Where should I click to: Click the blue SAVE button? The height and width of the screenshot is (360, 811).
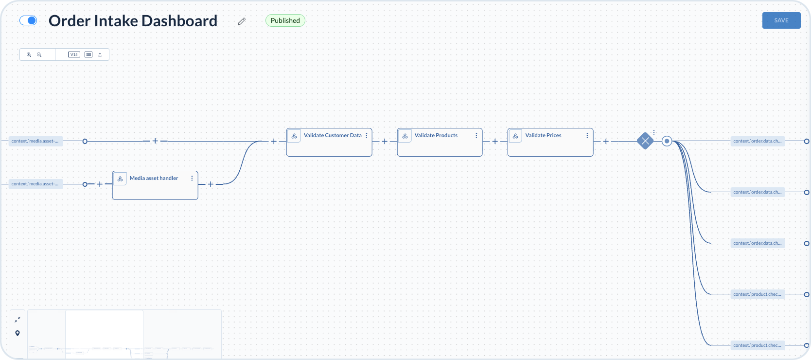[x=781, y=20]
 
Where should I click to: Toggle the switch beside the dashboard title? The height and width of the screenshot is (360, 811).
[x=28, y=20]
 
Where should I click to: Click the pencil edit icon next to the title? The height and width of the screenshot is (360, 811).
[x=242, y=21]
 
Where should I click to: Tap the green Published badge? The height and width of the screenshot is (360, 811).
[x=285, y=20]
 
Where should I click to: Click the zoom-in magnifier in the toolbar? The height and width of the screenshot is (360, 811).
[x=29, y=54]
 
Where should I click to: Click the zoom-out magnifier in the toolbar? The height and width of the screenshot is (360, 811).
[x=39, y=54]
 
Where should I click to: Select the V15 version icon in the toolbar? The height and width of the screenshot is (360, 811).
[x=74, y=54]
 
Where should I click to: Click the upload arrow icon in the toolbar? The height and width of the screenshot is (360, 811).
[x=100, y=54]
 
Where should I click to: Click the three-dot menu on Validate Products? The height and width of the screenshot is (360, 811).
[x=476, y=135]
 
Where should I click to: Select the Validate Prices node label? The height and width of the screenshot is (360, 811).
[x=543, y=135]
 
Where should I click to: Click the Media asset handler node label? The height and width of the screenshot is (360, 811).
[x=154, y=178]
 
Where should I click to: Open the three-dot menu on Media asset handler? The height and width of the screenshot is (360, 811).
[x=192, y=178]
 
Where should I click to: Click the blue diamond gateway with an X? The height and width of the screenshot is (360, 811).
[x=645, y=141]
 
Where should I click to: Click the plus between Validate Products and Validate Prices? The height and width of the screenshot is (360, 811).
[x=495, y=141]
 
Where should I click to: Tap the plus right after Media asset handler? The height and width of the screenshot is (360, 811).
[x=211, y=184]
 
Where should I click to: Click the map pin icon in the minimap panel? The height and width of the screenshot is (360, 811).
[x=18, y=333]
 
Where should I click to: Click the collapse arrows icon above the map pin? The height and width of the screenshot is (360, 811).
[x=18, y=320]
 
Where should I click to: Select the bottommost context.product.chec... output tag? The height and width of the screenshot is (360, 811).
[x=757, y=345]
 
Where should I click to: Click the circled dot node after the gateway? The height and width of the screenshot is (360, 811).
[x=667, y=141]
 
